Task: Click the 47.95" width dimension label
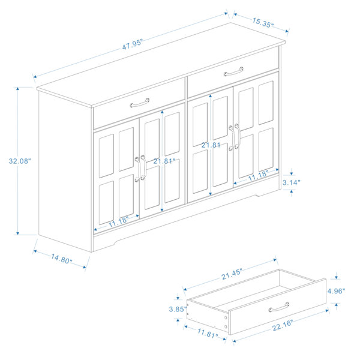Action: (x=132, y=44)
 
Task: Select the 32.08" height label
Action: (x=20, y=161)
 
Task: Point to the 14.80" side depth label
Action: (x=62, y=258)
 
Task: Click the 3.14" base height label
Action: (x=292, y=182)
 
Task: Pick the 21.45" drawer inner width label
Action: (x=232, y=274)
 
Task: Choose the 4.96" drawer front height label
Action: (x=336, y=291)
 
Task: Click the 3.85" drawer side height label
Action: (x=178, y=309)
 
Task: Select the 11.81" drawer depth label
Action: (x=208, y=332)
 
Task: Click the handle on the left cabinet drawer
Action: (x=140, y=103)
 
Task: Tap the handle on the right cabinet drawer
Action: (x=233, y=71)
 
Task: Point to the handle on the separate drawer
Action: (x=279, y=307)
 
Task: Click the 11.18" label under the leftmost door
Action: (x=118, y=221)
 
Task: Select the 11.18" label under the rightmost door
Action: (x=258, y=175)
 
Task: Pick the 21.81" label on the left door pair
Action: (x=164, y=161)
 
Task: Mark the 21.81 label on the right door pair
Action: (x=211, y=145)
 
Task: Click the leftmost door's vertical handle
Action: (x=137, y=169)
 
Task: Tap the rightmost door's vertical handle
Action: (x=237, y=137)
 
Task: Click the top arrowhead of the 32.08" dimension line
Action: (x=17, y=89)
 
